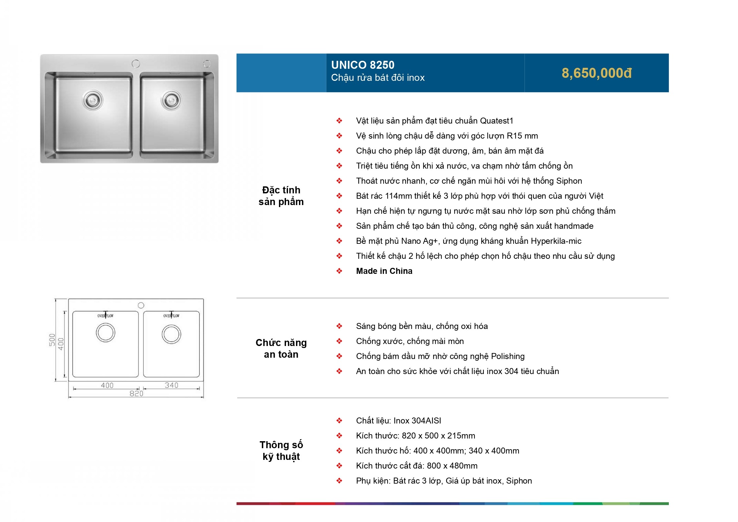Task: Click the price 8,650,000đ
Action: [596, 73]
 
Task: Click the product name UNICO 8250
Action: [362, 65]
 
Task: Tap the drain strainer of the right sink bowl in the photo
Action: [171, 100]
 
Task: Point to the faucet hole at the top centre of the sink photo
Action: [136, 63]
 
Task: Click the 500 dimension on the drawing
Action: [52, 340]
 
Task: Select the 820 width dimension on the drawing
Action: [136, 393]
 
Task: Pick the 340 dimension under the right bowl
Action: [171, 385]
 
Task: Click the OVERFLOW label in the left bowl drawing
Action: [105, 316]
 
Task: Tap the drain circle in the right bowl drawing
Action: [171, 334]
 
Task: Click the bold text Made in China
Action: [384, 271]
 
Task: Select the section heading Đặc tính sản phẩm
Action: [281, 196]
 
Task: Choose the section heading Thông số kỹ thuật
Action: [281, 451]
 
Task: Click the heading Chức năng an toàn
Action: [281, 348]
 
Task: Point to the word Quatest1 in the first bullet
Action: [496, 121]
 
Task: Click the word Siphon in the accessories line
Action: [519, 481]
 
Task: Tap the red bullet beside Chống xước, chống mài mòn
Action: [339, 341]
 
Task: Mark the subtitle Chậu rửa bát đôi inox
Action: [378, 78]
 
